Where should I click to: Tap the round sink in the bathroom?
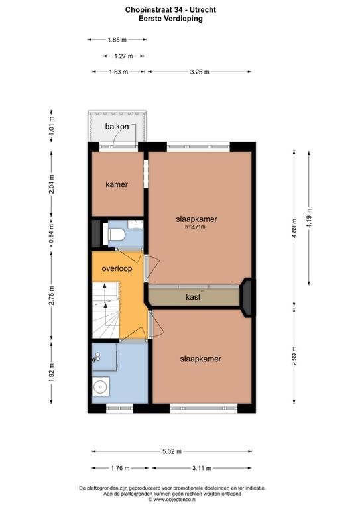coord(100,386)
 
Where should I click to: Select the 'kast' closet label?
coord(193,297)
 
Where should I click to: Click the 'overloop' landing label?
coord(117,269)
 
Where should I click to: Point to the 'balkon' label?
coord(117,127)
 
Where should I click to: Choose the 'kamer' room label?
coord(117,184)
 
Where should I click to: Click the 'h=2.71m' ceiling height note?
coord(195,227)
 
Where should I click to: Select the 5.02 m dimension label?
coord(172,451)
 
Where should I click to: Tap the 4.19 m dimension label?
coord(309,218)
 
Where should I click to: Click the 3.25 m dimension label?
coord(200,72)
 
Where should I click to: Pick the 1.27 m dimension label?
coord(124,56)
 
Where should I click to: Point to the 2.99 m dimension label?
coord(294,356)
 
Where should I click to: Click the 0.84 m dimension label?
coord(51,234)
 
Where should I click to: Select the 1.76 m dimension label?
coord(120,468)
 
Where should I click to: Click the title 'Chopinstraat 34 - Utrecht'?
coord(171,10)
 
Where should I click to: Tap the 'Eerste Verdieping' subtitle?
coord(171,18)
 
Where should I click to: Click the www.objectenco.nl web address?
coord(172,499)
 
